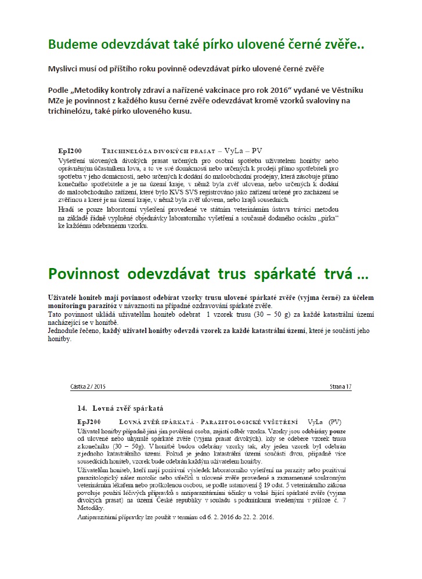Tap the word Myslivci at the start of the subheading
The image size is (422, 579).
[64, 68]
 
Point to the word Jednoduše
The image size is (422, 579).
[66, 331]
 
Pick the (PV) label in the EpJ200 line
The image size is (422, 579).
[336, 421]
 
